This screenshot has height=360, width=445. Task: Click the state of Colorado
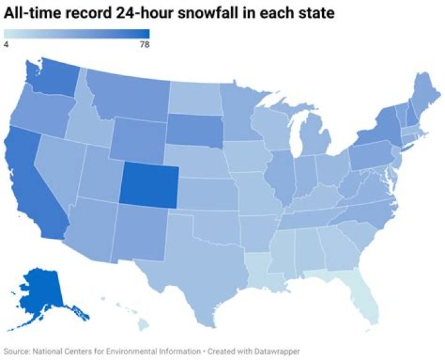point(149,184)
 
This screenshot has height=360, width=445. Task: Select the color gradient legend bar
point(77,34)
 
